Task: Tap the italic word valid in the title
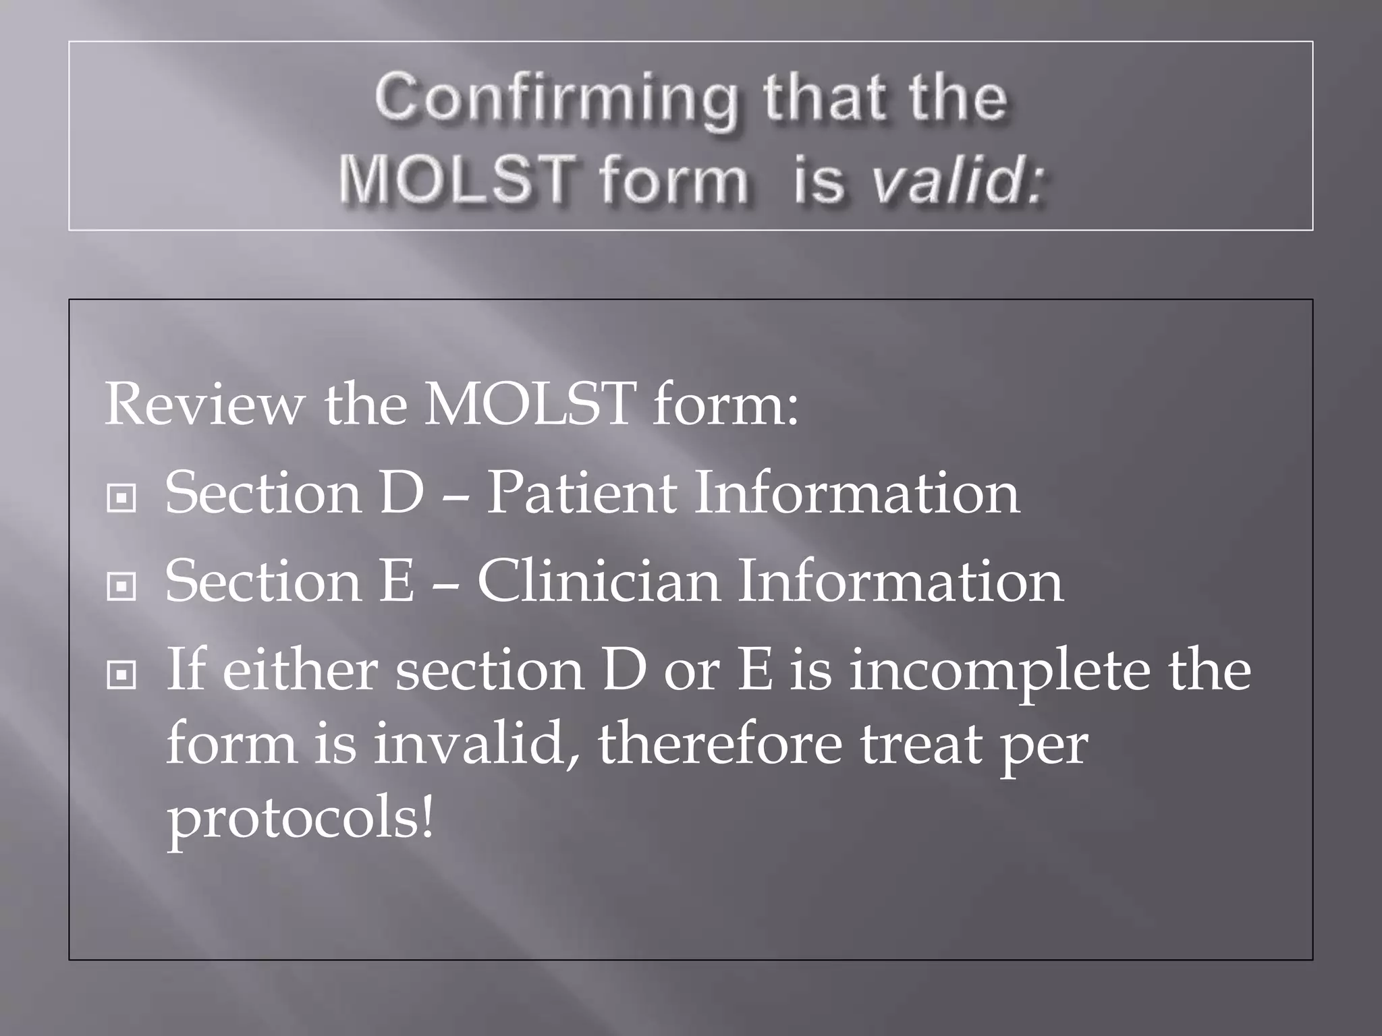957,181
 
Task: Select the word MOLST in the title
458,181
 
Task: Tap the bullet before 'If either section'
122,674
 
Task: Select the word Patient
581,493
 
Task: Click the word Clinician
598,581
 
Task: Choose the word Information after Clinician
900,581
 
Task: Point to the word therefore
719,745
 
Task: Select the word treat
920,745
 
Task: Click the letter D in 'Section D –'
402,493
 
